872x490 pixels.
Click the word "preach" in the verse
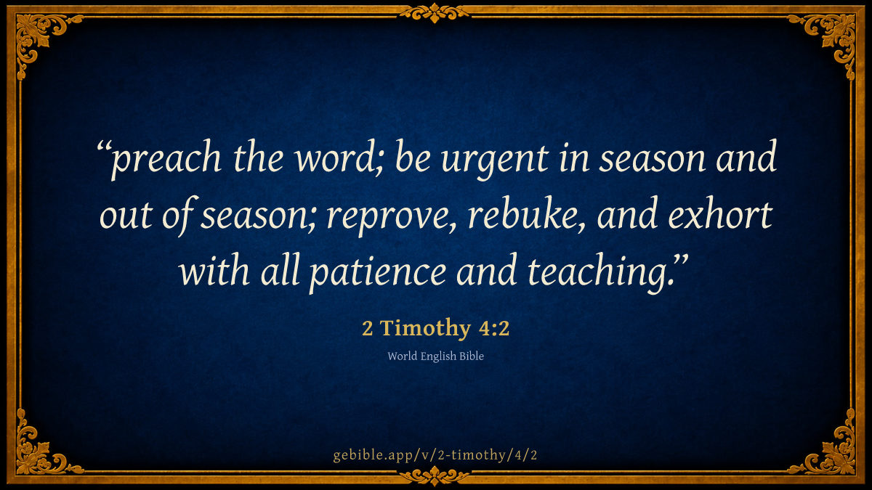tap(166, 160)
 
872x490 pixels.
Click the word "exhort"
tap(721, 214)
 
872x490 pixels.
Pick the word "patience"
tap(378, 272)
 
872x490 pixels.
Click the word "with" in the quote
tap(214, 269)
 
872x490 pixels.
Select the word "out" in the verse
tap(126, 216)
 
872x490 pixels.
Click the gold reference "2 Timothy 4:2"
tap(435, 328)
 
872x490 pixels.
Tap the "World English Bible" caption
tap(435, 356)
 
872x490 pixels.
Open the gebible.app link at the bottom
tap(435, 455)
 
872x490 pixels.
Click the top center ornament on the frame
tap(435, 12)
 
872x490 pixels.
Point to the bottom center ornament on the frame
tap(435, 476)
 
